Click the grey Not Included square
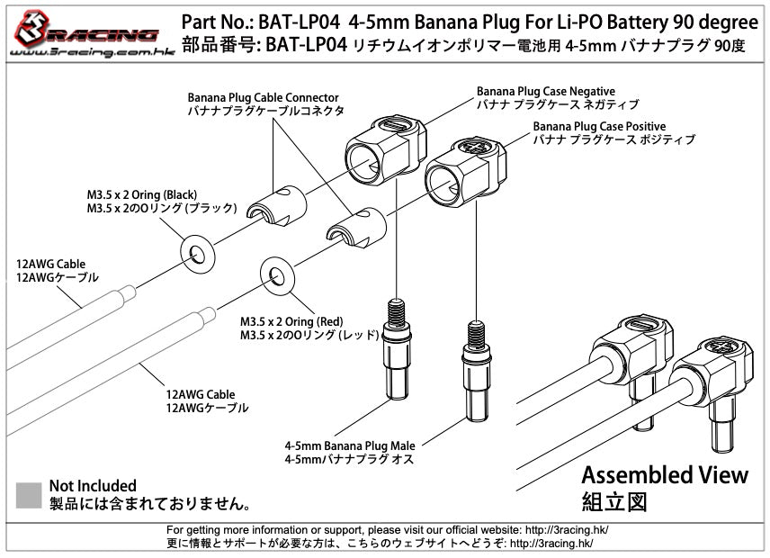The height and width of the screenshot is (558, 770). point(29,494)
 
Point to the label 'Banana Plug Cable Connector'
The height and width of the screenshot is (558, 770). point(263,97)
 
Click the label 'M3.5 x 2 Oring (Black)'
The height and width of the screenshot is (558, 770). point(142,194)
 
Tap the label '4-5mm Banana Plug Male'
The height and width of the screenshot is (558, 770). point(343,445)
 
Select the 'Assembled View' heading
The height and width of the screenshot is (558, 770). point(664,474)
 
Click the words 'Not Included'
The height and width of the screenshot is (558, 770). point(93,486)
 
